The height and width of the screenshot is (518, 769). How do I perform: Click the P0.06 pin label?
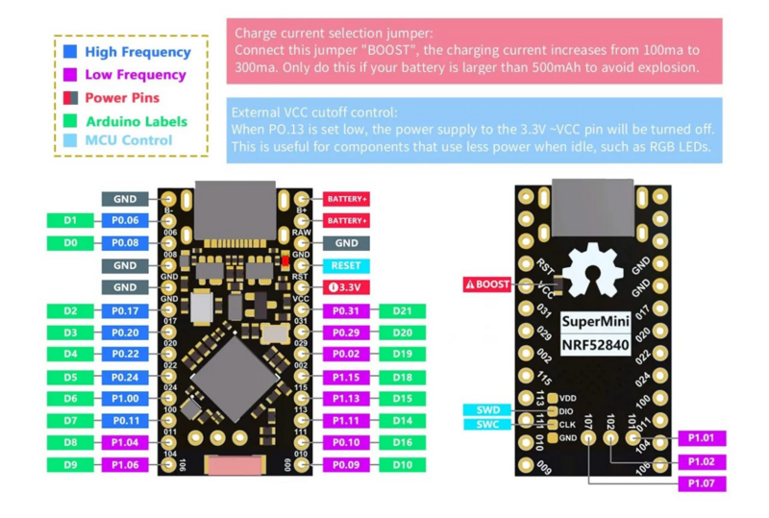pyautogui.click(x=125, y=221)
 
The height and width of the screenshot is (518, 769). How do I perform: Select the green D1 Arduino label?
pyautogui.click(x=70, y=221)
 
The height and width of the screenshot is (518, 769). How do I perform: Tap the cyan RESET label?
pyautogui.click(x=346, y=265)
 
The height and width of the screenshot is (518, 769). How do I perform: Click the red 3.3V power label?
pyautogui.click(x=346, y=287)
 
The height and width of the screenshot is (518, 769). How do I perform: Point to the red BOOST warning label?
pyautogui.click(x=487, y=284)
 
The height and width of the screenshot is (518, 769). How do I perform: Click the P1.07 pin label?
pyautogui.click(x=701, y=483)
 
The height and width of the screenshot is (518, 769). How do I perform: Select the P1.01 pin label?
pyautogui.click(x=701, y=438)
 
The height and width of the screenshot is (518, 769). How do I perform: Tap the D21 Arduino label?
pyautogui.click(x=402, y=310)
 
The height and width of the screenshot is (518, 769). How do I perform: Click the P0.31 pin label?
pyautogui.click(x=346, y=310)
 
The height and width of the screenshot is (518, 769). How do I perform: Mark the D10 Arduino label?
pyautogui.click(x=402, y=465)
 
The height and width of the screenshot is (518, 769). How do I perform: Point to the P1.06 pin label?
pyautogui.click(x=125, y=465)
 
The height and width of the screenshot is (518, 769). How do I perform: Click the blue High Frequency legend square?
pyautogui.click(x=71, y=52)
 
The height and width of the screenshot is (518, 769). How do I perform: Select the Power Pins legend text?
pyautogui.click(x=122, y=98)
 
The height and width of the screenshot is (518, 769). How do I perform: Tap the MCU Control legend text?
pyautogui.click(x=129, y=140)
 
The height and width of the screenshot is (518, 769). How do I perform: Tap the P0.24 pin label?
pyautogui.click(x=125, y=377)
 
